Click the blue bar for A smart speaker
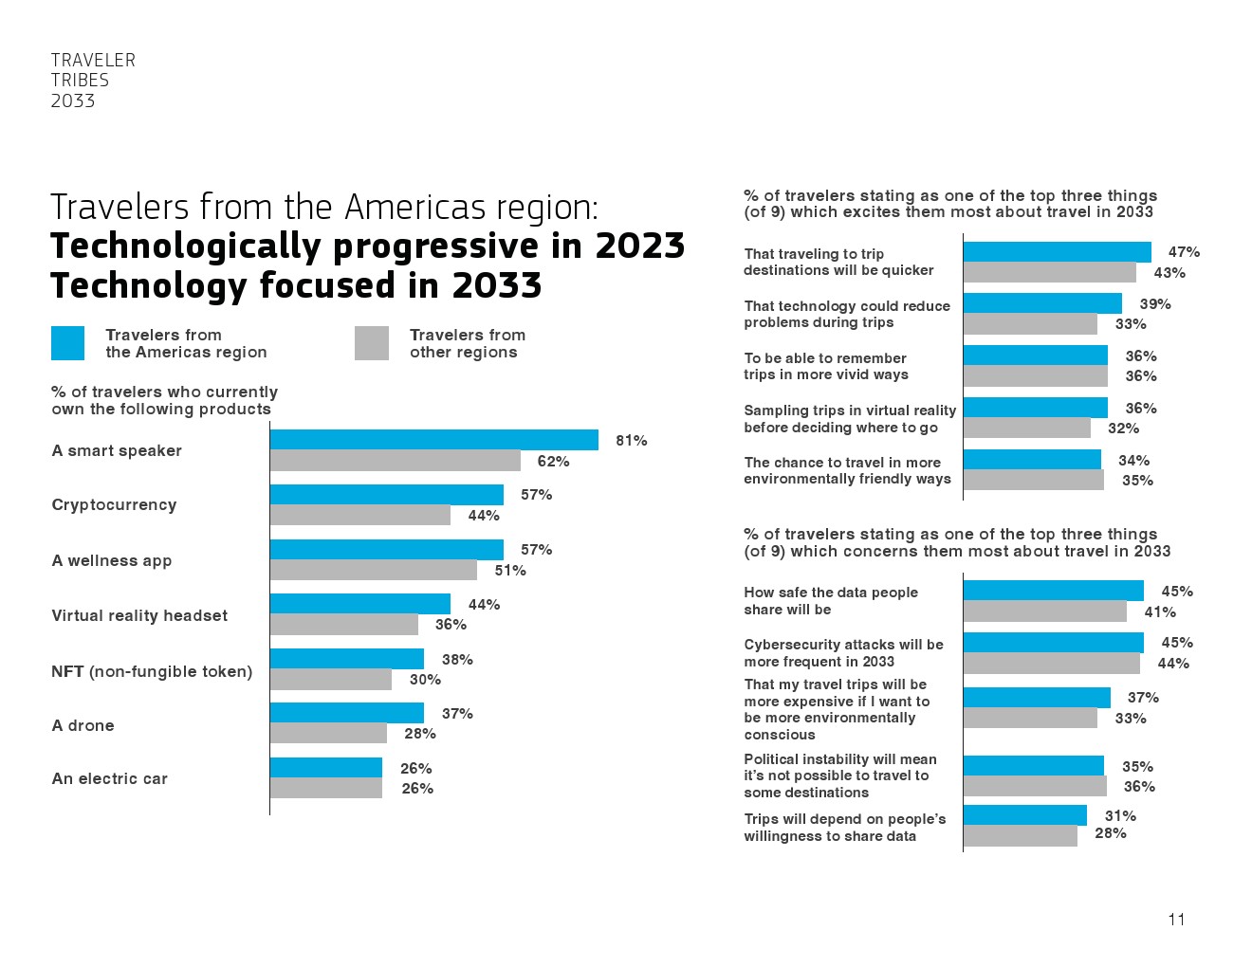[433, 440]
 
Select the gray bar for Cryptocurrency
[359, 515]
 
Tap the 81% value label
[631, 441]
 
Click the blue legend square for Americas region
[67, 343]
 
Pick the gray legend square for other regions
[372, 343]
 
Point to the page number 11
[1176, 920]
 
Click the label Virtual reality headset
[139, 616]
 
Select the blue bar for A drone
[346, 713]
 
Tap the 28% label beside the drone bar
[420, 734]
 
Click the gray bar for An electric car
[325, 788]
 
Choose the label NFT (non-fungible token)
[152, 671]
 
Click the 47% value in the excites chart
[1184, 252]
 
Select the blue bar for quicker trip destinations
[1057, 252]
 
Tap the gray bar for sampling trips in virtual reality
[1026, 428]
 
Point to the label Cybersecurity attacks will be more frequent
[843, 653]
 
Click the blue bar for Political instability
[1033, 766]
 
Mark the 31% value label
[1120, 816]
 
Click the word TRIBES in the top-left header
[80, 81]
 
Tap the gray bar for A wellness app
[373, 570]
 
